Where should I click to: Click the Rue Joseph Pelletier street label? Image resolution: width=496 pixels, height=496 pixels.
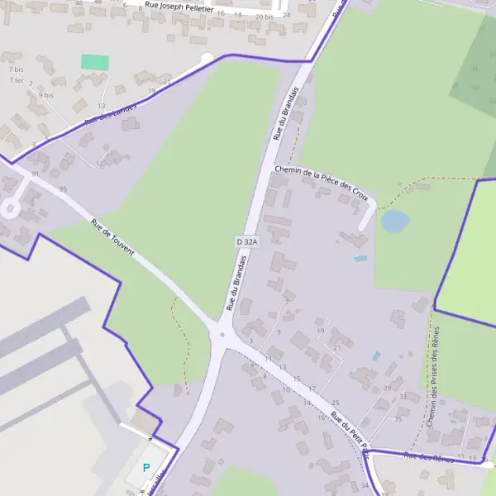pos(179,7)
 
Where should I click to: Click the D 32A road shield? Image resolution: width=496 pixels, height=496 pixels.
pos(247,241)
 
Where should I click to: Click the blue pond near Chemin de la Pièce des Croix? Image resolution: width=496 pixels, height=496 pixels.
pos(394,221)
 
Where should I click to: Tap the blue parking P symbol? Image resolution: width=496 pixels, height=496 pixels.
pos(146,468)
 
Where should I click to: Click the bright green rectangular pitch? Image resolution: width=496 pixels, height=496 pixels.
pos(95,62)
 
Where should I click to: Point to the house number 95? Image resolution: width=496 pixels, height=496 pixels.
pos(63,189)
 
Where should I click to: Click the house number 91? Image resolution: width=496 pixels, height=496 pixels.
pos(35,174)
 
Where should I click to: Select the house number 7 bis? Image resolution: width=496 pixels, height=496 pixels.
pos(16,69)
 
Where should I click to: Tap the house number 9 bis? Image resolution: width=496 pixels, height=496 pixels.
pos(45,95)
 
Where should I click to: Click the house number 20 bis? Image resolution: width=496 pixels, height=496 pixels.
pos(264,17)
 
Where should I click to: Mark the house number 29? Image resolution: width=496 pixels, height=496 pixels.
pos(388,388)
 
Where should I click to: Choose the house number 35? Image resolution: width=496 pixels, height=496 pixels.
pos(398,418)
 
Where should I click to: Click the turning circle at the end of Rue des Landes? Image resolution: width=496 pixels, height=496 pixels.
pos(207,58)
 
